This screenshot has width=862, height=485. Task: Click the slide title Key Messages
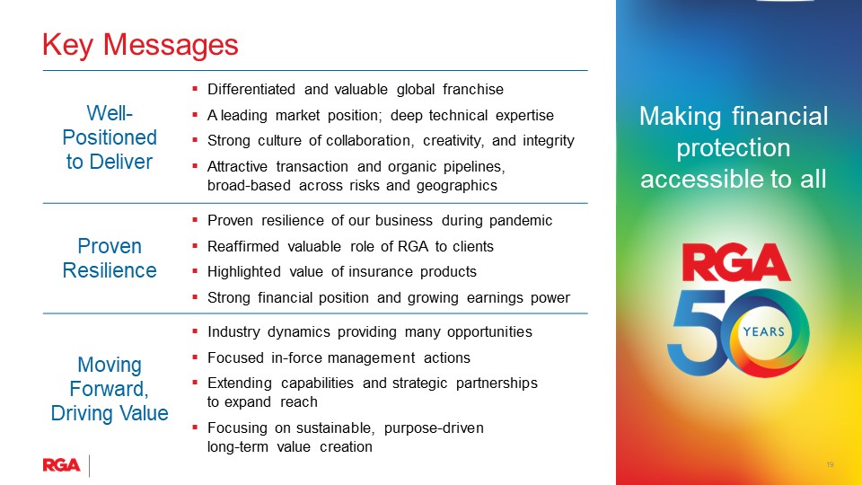pyautogui.click(x=141, y=44)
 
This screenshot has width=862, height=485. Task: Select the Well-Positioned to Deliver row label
pyautogui.click(x=110, y=137)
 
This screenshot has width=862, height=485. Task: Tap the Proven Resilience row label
pyautogui.click(x=110, y=258)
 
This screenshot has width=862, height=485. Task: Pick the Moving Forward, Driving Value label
pyautogui.click(x=110, y=389)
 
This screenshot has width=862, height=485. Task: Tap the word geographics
pyautogui.click(x=453, y=186)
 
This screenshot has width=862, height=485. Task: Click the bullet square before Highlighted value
pyautogui.click(x=196, y=271)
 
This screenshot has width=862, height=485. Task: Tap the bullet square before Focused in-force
pyautogui.click(x=196, y=357)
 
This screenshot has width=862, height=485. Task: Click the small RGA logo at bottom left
pyautogui.click(x=61, y=464)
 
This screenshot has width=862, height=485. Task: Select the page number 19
pyautogui.click(x=831, y=464)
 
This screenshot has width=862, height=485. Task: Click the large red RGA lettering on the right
pyautogui.click(x=735, y=263)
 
